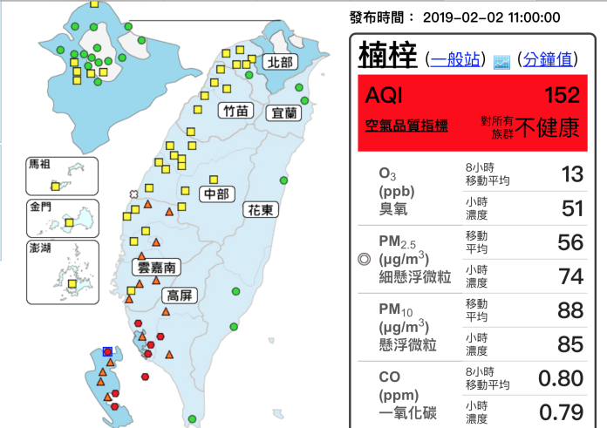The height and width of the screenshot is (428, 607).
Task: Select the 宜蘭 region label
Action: coord(284,112)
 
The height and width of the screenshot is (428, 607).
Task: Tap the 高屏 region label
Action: coord(179,296)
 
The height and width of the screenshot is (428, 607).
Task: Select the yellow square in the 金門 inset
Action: coord(68,223)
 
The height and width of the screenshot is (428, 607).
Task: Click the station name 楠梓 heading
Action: coord(387,55)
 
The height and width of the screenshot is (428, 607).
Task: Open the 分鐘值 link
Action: coord(548,59)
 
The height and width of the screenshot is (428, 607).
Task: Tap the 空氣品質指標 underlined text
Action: coord(407,126)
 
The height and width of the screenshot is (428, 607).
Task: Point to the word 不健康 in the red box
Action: coord(548,128)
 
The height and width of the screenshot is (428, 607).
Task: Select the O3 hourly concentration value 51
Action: coord(571,207)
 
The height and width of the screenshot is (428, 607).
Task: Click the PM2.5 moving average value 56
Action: coord(570,242)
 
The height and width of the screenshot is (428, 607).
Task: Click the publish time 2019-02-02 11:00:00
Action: coord(491,17)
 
